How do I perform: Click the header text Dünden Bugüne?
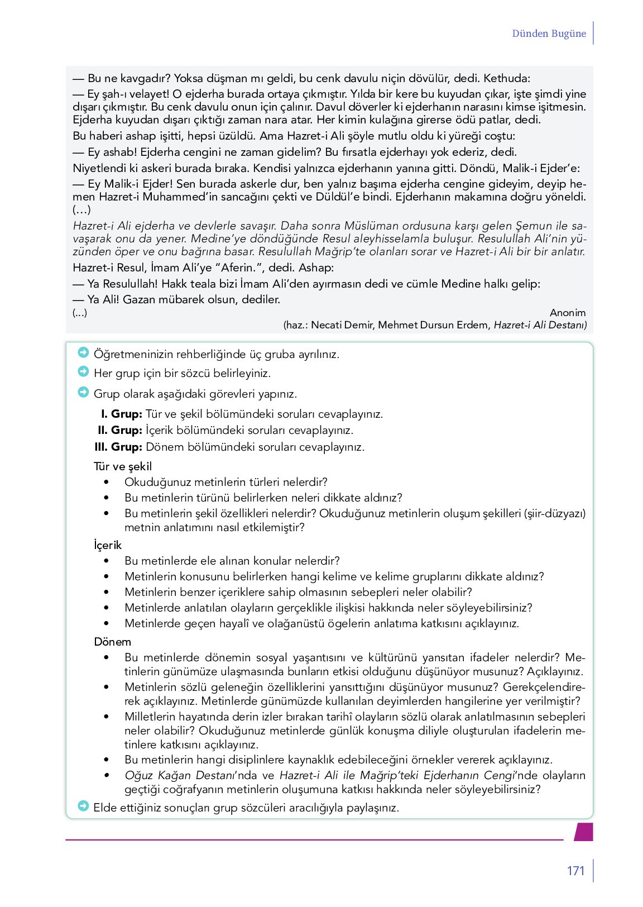tap(549, 34)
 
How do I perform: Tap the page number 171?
tap(575, 871)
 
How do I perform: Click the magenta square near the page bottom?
tap(584, 831)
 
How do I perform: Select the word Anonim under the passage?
tap(568, 313)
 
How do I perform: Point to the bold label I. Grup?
tap(122, 414)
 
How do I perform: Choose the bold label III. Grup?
tap(118, 447)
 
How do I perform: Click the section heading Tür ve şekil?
tap(123, 466)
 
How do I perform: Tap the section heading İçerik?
tap(108, 545)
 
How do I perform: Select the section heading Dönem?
tap(113, 642)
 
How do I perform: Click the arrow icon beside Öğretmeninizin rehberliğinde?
tap(83, 352)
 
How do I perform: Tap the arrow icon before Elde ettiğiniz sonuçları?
tap(83, 806)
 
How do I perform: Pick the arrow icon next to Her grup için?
tap(83, 371)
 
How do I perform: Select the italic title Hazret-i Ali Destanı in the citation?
tap(540, 325)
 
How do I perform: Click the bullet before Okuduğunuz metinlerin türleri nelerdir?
tap(107, 483)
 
